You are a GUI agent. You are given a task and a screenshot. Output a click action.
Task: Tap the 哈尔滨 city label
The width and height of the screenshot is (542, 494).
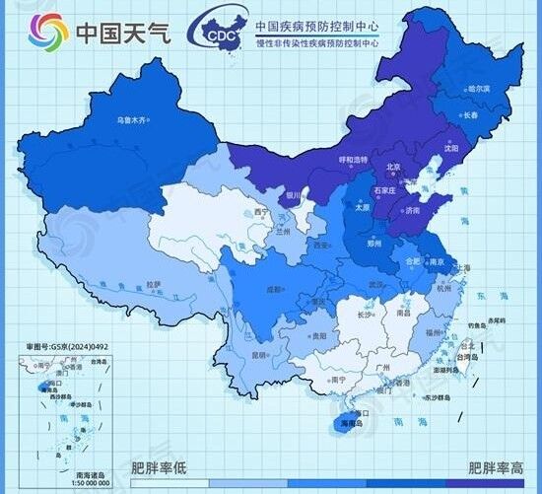coord(478,89)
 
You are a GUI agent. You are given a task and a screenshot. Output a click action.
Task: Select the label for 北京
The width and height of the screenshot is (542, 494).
coord(393,167)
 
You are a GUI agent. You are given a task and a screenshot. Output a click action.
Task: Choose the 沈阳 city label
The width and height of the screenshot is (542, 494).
coord(450,148)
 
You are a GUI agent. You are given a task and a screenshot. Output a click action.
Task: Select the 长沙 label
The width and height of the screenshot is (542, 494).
coord(364,315)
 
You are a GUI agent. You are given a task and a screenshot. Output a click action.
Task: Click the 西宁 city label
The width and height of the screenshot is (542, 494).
coord(261,212)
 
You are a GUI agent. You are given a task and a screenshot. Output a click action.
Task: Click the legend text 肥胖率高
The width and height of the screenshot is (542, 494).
coord(495,468)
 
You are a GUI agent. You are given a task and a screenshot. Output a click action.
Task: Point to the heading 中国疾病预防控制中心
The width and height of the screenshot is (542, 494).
coord(317,28)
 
